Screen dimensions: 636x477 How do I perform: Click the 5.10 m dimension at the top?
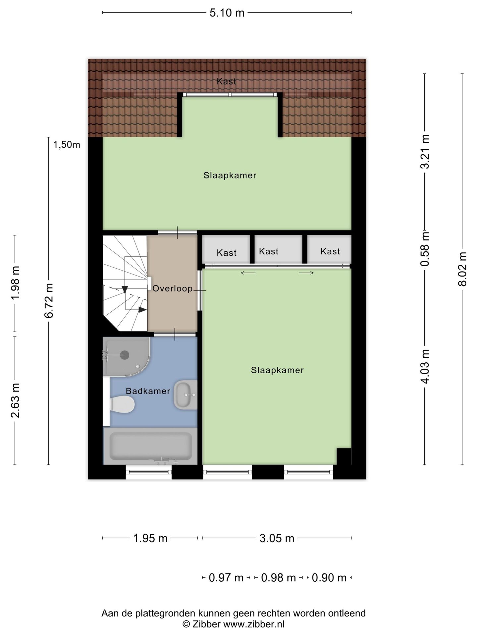click(227, 13)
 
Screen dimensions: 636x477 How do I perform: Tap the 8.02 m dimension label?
click(462, 269)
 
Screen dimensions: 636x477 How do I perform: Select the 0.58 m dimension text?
click(425, 249)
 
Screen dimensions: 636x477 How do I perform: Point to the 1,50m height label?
click(67, 145)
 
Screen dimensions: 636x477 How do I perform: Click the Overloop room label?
click(172, 289)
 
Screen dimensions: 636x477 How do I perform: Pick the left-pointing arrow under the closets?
click(248, 273)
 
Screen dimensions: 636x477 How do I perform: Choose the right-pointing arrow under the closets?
click(306, 273)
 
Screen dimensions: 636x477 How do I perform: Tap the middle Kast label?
click(269, 251)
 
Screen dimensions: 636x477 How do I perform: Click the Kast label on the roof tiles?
click(227, 81)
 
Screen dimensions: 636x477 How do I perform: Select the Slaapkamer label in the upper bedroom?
click(230, 175)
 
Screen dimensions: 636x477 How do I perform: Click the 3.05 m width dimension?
click(277, 538)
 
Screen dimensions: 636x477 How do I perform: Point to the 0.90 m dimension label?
click(329, 578)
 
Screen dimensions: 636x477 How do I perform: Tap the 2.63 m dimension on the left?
click(16, 400)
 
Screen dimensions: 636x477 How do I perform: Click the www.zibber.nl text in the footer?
click(254, 624)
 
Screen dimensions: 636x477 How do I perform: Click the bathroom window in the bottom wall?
click(149, 472)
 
